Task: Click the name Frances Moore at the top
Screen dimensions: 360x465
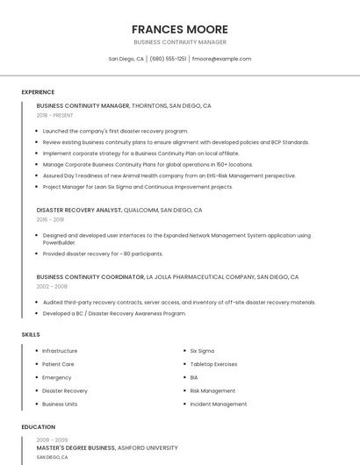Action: [179, 29]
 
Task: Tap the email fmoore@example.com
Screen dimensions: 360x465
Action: [221, 59]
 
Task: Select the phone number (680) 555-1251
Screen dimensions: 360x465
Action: [168, 59]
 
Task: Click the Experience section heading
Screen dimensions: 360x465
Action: [38, 92]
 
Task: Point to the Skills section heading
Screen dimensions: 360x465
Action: [31, 334]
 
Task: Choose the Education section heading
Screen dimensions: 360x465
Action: [38, 427]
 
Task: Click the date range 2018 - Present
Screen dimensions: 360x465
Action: [54, 115]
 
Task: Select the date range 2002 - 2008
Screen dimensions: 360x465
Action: [52, 286]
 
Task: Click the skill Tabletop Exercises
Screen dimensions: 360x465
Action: [213, 364]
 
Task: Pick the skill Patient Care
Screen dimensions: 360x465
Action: [58, 364]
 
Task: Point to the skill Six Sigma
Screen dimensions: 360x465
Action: [202, 351]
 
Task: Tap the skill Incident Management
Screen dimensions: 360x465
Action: [218, 404]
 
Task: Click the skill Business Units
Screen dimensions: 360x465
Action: [60, 404]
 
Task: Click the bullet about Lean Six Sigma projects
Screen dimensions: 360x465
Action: [137, 187]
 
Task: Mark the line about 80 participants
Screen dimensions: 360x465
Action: [102, 254]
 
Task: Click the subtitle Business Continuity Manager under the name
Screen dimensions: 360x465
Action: [179, 42]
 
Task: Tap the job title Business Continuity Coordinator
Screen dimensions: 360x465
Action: [90, 276]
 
